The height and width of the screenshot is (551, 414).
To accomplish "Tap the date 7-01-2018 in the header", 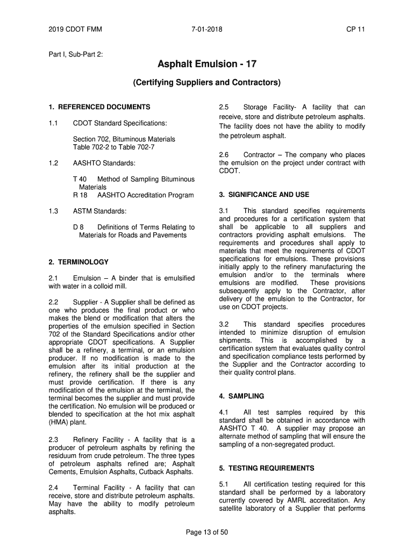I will (x=207, y=29).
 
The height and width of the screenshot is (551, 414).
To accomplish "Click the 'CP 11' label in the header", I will (x=355, y=29).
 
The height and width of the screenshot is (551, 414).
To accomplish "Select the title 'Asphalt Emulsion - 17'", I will (x=207, y=65).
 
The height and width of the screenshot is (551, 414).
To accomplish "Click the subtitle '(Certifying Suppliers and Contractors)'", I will (x=207, y=83).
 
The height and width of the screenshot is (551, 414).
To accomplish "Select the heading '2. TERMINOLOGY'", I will (x=78, y=262).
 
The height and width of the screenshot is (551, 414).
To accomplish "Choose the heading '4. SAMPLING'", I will (x=241, y=396).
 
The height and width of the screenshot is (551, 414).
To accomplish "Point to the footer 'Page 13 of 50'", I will (x=207, y=532).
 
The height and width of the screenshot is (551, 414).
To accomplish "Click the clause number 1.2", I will (x=53, y=163).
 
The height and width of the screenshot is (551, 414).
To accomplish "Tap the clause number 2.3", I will (x=53, y=440).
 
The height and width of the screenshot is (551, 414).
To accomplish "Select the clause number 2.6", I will (x=224, y=155).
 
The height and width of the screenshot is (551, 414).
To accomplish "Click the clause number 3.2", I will (x=224, y=324).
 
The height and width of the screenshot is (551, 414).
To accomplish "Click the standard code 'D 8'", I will (x=78, y=227).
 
